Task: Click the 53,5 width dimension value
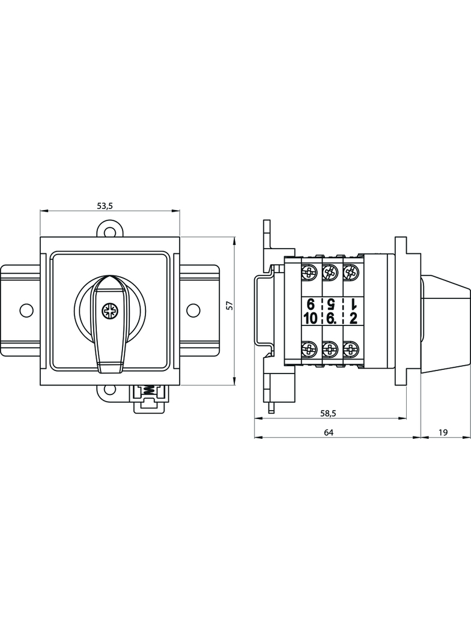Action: coord(105,206)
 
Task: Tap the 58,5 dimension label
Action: coord(328,413)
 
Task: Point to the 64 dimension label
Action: coord(328,432)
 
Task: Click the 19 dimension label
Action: coord(443,432)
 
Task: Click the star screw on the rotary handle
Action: coord(110,310)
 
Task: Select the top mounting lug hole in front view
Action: coord(109,230)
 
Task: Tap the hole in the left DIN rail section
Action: coord(25,310)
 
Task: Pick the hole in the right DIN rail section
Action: coord(193,310)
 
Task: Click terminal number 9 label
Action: coord(311,303)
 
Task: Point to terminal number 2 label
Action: coord(353,319)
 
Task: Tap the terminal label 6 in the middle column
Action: coord(330,319)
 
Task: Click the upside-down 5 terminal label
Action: coord(329,303)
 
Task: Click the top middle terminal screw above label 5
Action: coord(329,273)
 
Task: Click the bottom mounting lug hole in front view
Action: coord(109,390)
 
